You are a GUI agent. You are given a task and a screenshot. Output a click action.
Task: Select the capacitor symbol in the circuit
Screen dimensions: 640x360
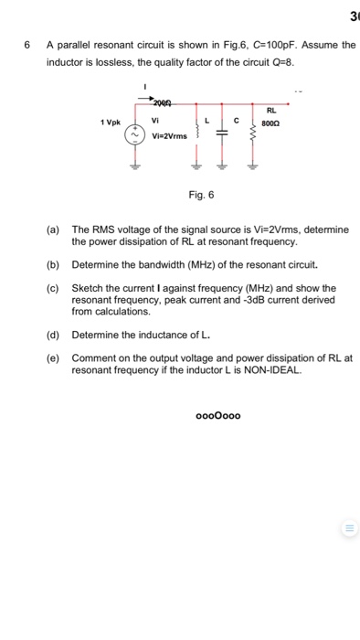[x=219, y=135]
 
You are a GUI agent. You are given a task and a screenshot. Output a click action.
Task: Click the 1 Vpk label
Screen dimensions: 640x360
[x=111, y=122]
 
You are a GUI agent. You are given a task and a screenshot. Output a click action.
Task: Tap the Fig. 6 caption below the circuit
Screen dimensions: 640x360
[x=201, y=195]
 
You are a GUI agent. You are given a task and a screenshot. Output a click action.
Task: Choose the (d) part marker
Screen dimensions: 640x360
[x=53, y=335]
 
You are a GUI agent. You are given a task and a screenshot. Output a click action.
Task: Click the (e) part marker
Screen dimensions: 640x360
[x=53, y=358]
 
